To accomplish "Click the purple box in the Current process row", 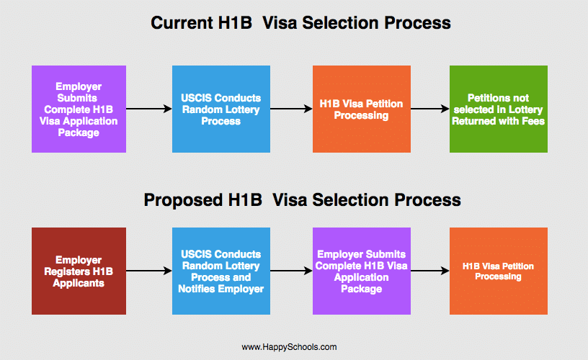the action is (79, 109).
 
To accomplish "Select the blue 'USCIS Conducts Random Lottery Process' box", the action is (221, 109).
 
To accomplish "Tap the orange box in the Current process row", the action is (362, 109).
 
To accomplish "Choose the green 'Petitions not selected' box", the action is (499, 109).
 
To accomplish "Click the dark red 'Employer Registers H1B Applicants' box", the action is (79, 271).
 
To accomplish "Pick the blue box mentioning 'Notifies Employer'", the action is (221, 271).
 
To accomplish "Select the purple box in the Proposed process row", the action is (362, 271).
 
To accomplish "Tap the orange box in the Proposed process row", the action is (499, 271).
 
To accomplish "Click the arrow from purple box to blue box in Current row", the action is (149, 109).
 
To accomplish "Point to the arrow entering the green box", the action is (430, 109).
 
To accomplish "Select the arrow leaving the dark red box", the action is (149, 271).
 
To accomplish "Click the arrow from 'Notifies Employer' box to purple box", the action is (291, 271).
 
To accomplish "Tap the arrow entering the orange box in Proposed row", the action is (430, 271).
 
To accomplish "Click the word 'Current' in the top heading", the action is (181, 23).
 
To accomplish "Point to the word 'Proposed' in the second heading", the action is (182, 200).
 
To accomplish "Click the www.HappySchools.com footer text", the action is (289, 347).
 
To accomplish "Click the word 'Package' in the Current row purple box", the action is (79, 132).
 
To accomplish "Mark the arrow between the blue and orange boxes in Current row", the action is (291, 109).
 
